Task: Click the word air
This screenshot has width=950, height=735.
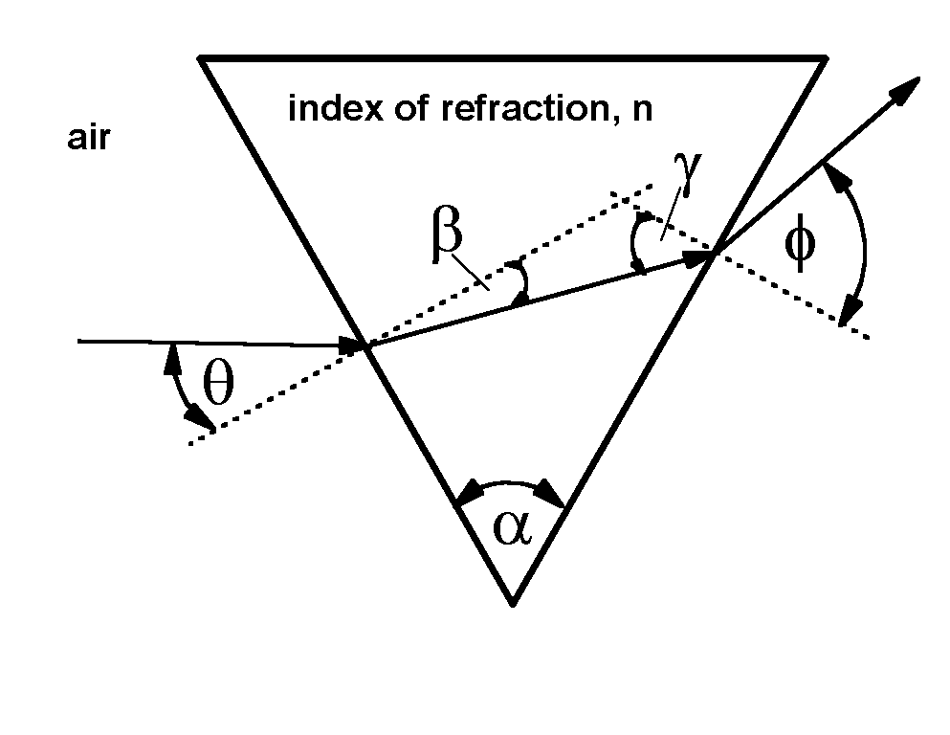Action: coord(89,140)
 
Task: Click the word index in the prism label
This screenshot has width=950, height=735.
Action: coord(325,108)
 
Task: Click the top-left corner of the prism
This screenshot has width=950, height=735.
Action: coord(200,58)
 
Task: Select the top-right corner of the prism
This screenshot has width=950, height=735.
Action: coord(826,58)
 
